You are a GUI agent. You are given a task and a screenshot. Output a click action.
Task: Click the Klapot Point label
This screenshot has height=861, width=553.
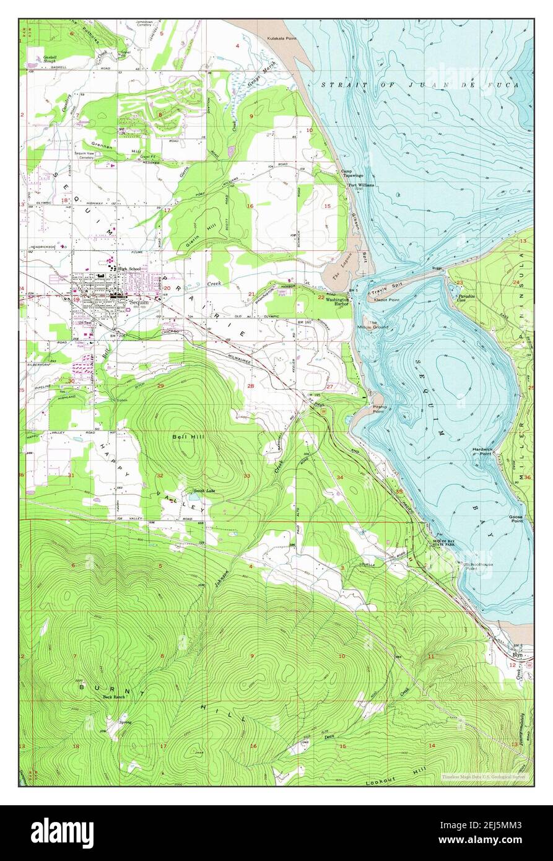[x=386, y=299]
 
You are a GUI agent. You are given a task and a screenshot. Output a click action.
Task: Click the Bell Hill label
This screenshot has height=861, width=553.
[x=185, y=437]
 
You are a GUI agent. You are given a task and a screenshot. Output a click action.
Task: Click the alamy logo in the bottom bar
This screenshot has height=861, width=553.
[x=62, y=831]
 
